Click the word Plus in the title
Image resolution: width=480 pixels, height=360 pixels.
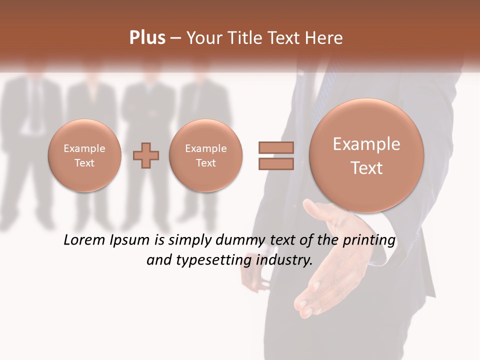pos(147,38)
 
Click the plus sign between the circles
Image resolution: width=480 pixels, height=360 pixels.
pos(146,155)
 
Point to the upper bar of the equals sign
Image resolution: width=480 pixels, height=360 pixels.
pos(275,147)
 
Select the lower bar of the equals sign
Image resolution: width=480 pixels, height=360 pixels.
pos(275,164)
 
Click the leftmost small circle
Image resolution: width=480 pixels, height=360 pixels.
pos(84,155)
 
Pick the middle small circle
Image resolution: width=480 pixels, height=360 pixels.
pos(206,155)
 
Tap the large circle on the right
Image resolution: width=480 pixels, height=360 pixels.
pos(366,155)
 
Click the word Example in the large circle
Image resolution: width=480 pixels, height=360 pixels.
pos(366,144)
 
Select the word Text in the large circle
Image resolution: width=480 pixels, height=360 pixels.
pos(366,168)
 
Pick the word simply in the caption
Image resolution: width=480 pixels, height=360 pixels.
pos(189,240)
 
